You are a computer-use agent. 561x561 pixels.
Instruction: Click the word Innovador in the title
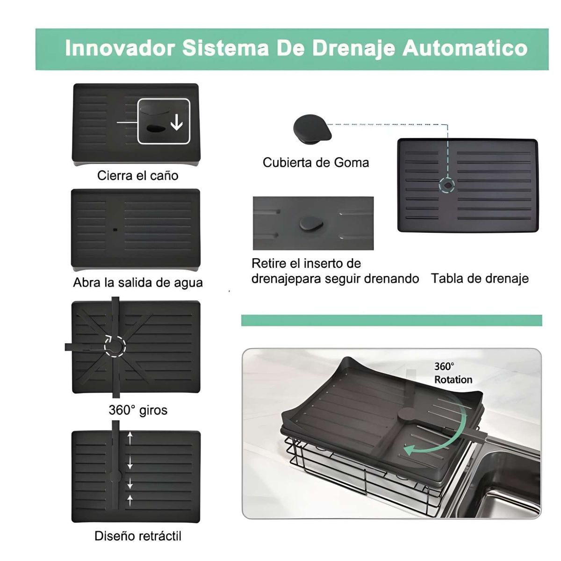coord(120,48)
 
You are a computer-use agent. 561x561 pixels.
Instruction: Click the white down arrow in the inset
coord(176,122)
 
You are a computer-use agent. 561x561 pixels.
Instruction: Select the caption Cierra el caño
coord(137,176)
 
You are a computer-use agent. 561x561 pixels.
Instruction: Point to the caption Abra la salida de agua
coord(137,283)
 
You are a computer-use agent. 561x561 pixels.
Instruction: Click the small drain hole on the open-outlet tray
coord(115,230)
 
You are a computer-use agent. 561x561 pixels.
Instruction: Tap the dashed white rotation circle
coord(115,346)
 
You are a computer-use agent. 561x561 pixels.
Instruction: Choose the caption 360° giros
coord(137,410)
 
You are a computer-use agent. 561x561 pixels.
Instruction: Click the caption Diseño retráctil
coord(137,536)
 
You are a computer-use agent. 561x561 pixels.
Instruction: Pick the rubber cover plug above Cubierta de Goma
coord(312,127)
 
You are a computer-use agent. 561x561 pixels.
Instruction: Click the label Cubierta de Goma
coord(316,163)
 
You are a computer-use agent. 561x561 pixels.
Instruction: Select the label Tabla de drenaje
coord(480,279)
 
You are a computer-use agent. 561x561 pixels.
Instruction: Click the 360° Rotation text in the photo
coord(453,373)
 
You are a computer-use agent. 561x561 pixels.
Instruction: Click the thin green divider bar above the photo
coord(391,320)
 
